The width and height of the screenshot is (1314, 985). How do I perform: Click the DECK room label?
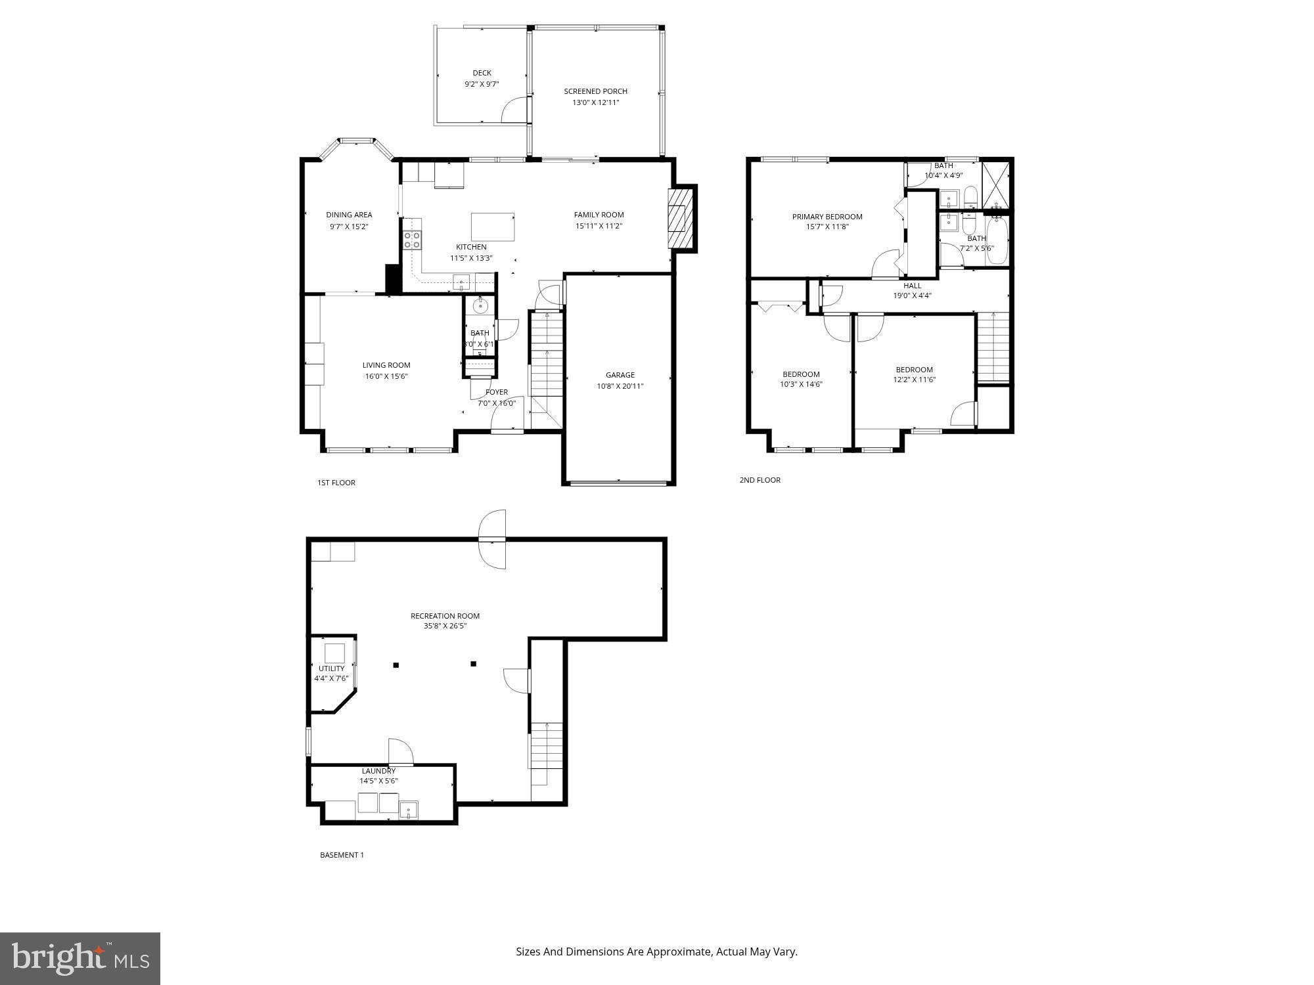pos(482,73)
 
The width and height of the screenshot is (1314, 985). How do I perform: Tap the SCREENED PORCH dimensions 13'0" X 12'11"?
pos(595,102)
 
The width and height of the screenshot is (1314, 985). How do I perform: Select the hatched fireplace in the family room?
pos(681,219)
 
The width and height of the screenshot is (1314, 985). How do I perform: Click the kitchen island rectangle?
pos(492,227)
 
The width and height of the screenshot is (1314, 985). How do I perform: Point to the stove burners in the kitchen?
pos(412,240)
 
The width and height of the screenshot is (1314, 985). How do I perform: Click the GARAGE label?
pos(620,375)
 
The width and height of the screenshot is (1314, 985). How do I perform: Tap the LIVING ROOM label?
pos(386,365)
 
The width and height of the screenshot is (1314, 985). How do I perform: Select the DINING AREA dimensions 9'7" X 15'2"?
pos(349,227)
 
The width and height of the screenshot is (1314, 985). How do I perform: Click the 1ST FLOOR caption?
pos(336,483)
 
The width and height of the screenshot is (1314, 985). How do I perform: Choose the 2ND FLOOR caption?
pos(759,480)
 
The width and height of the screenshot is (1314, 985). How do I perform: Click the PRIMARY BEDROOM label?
pos(827,217)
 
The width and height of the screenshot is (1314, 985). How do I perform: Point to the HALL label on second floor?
pos(912,286)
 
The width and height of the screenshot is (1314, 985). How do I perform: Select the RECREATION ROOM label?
pos(445,616)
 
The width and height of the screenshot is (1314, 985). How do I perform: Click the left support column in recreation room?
pos(396,665)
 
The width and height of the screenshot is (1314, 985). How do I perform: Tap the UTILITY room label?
pos(331,668)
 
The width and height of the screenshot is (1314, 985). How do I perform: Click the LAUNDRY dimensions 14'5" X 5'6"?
pos(378,781)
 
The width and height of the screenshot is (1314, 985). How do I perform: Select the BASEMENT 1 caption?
pos(341,855)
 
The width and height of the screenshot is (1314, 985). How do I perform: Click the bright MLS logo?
pos(80,958)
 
